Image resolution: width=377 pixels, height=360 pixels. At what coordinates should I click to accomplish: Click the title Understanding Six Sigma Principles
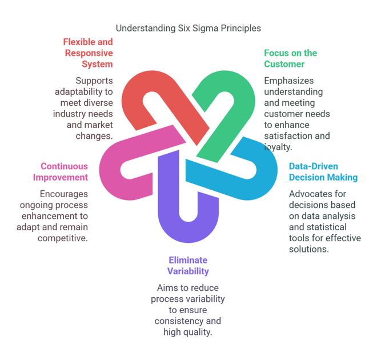pyautogui.click(x=188, y=28)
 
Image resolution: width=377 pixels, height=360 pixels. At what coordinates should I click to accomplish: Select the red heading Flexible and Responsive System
pyautogui.click(x=88, y=53)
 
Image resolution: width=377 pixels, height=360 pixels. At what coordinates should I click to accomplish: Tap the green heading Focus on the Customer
pyautogui.click(x=290, y=58)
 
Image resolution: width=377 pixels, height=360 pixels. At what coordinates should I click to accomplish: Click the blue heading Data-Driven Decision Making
pyautogui.click(x=323, y=172)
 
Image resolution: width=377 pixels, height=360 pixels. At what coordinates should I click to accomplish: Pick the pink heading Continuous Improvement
pyautogui.click(x=64, y=171)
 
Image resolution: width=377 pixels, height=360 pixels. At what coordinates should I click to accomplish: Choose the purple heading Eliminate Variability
pyautogui.click(x=188, y=265)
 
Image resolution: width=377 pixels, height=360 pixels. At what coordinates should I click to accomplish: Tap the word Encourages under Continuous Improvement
pyautogui.click(x=64, y=194)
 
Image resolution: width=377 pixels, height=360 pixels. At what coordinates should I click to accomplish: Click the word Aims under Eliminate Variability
pyautogui.click(x=166, y=287)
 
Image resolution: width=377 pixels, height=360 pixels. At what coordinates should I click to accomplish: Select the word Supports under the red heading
pyautogui.click(x=94, y=81)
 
